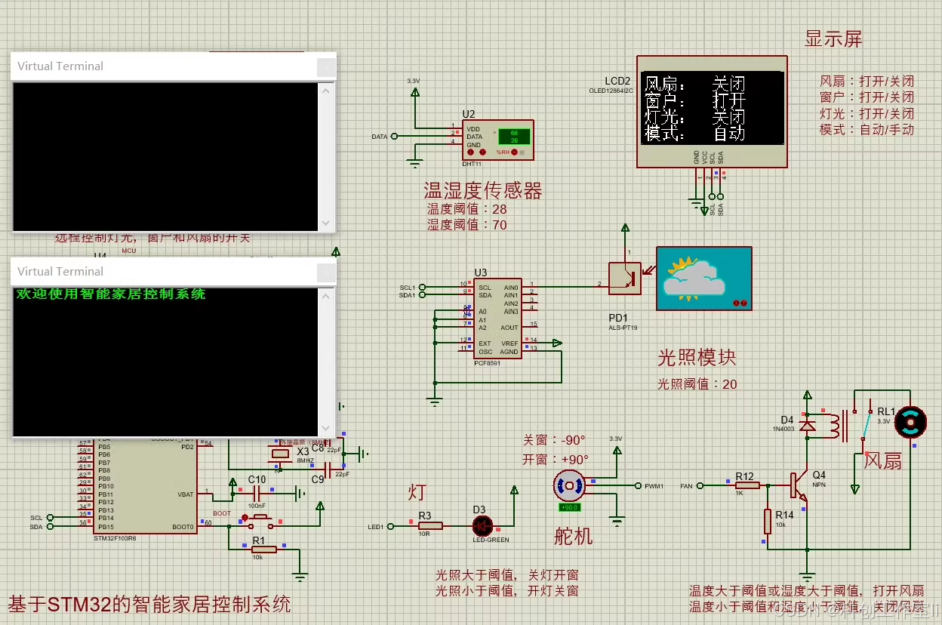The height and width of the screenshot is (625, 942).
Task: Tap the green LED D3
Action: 482,525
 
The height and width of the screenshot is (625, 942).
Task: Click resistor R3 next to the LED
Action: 426,525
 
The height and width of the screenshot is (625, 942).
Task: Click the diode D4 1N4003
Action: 807,426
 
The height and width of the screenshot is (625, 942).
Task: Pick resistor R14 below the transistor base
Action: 768,521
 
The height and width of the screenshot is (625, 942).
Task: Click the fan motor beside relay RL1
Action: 909,423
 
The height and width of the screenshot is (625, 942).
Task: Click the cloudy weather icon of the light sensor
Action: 703,278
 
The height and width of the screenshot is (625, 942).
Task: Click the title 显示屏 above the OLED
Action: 833,39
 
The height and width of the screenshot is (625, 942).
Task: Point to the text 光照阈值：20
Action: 697,383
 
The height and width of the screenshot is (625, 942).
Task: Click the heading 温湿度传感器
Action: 482,191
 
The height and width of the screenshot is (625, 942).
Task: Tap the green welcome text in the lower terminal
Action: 110,294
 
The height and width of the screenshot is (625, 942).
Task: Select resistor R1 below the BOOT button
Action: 263,550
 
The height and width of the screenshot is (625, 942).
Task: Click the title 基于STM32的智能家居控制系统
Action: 149,605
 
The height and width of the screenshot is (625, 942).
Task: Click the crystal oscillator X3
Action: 280,453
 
